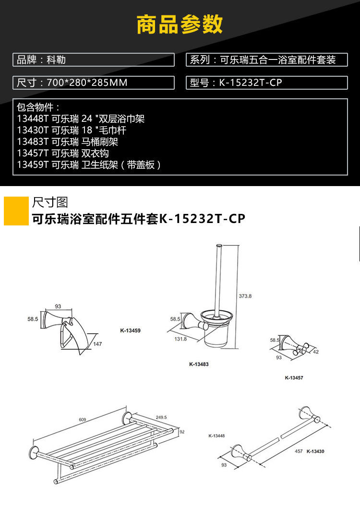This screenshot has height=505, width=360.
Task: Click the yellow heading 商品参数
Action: pyautogui.click(x=180, y=24)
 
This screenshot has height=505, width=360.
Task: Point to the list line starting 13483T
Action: pyautogui.click(x=67, y=142)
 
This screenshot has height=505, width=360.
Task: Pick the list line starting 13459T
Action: pyautogui.click(x=89, y=165)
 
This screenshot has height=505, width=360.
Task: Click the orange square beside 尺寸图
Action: pyautogui.click(x=16, y=210)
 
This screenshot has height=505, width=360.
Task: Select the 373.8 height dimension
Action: pyautogui.click(x=245, y=296)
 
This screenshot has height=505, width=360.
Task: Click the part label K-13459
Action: pyautogui.click(x=130, y=330)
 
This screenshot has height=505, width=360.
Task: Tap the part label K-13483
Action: pyautogui.click(x=199, y=364)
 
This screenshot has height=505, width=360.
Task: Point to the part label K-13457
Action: pyautogui.click(x=294, y=377)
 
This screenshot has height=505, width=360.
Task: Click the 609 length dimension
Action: pyautogui.click(x=83, y=420)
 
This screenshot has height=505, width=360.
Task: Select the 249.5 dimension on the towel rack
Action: pyautogui.click(x=162, y=417)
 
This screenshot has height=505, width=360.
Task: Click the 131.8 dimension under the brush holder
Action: pyautogui.click(x=181, y=339)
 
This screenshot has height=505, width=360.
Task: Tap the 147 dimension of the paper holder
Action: pyautogui.click(x=97, y=344)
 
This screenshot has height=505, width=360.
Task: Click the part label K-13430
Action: pyautogui.click(x=315, y=451)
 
